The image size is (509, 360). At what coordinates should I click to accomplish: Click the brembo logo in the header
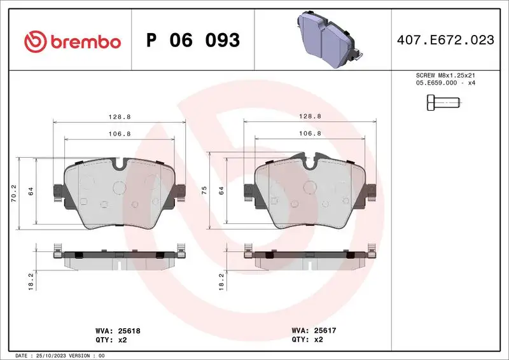pyautogui.click(x=71, y=41)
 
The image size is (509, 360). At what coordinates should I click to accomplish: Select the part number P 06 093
pyautogui.click(x=193, y=41)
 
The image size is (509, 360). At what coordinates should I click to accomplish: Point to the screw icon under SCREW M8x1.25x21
pyautogui.click(x=440, y=102)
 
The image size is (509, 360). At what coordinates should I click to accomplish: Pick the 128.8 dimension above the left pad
pyautogui.click(x=119, y=116)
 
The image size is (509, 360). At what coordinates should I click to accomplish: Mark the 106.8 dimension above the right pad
pyautogui.click(x=310, y=134)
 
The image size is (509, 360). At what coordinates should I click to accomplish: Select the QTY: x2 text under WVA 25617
pyautogui.click(x=307, y=340)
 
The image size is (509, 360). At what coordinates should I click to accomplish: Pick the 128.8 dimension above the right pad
pyautogui.click(x=310, y=116)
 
